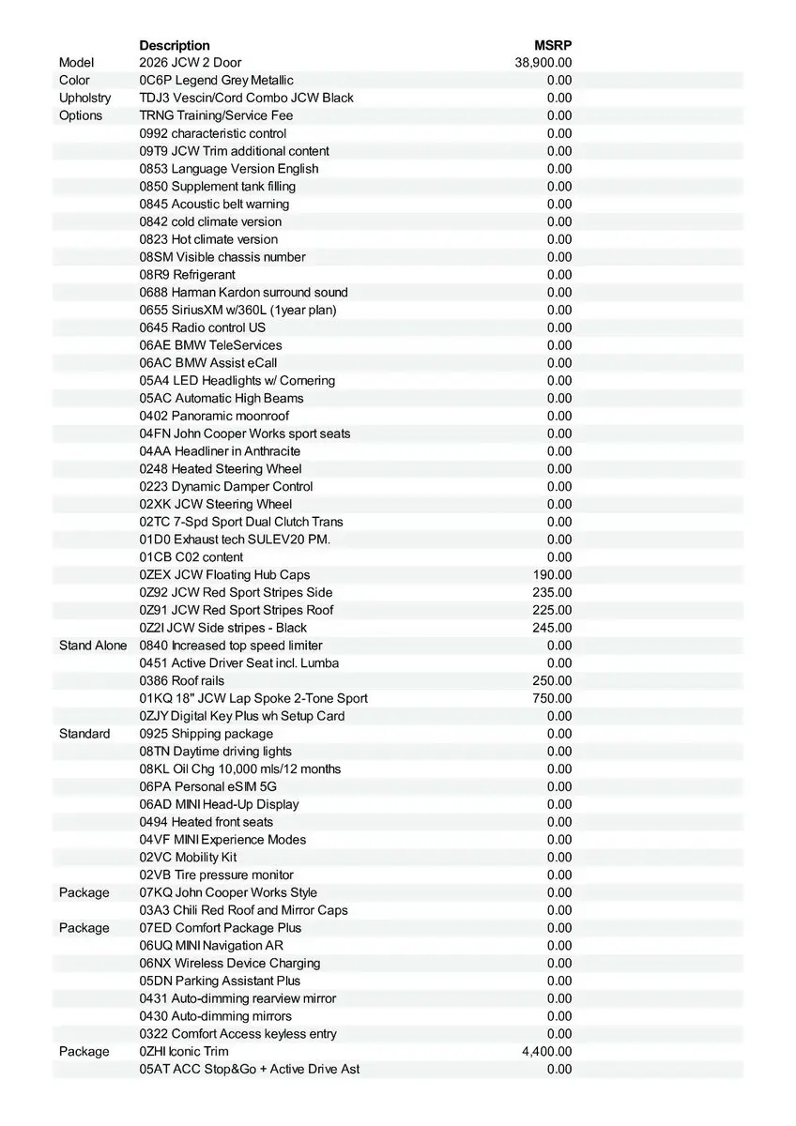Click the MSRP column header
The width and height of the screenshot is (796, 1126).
pos(553,45)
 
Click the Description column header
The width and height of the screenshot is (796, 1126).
pos(175,45)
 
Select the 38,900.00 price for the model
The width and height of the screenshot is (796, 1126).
pos(543,63)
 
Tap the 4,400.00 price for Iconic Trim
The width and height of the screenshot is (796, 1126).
pos(546,1051)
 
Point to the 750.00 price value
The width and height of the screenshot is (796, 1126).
pos(552,698)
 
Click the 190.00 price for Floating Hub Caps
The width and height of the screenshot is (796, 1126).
pos(552,574)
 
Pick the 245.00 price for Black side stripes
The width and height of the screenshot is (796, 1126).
pos(552,628)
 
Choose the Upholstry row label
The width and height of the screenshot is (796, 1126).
pos(84,98)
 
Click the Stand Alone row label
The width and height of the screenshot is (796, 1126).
pos(93,646)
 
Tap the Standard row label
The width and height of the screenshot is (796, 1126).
pos(84,734)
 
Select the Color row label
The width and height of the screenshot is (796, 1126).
pos(75,81)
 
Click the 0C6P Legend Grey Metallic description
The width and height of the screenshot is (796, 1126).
pos(216,81)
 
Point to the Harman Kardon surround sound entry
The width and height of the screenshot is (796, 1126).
pos(243,292)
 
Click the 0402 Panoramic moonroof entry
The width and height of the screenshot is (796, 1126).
pos(214,416)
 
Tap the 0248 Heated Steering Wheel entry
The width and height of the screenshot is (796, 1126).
pos(221,469)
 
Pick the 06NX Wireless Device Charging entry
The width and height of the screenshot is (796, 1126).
pos(230,963)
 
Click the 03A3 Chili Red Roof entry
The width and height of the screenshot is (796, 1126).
pos(243,910)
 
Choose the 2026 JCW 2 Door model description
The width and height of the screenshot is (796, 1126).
pos(191,63)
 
